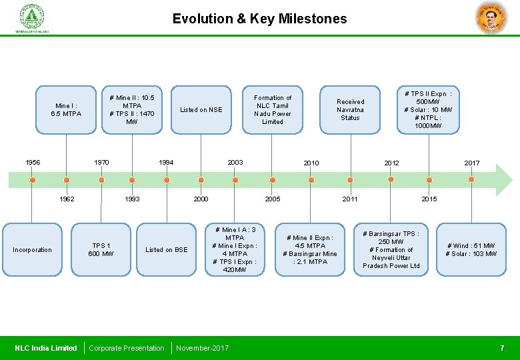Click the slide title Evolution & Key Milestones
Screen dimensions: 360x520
[x=259, y=19]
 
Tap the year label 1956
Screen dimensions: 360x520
[x=33, y=163]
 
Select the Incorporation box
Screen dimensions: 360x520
[x=32, y=250]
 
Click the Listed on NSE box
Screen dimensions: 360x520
[x=201, y=110]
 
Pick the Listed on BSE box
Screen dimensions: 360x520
[x=167, y=250]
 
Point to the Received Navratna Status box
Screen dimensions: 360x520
[x=350, y=110]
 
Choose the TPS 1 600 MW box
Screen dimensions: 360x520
[x=101, y=250]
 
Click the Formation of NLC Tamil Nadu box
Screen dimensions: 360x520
[x=273, y=110]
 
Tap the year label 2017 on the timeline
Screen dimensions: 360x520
[x=471, y=163]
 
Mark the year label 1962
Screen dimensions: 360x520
[x=67, y=199]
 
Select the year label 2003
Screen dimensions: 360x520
[x=235, y=163]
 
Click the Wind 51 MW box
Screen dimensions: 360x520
[x=471, y=250]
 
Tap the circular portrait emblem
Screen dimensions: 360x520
[x=491, y=17]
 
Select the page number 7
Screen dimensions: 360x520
[x=502, y=348]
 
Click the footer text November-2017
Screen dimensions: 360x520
[x=202, y=348]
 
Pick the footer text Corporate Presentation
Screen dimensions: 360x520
[x=127, y=348]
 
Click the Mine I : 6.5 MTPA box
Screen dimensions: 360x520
[x=66, y=110]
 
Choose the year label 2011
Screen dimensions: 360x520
[x=350, y=199]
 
